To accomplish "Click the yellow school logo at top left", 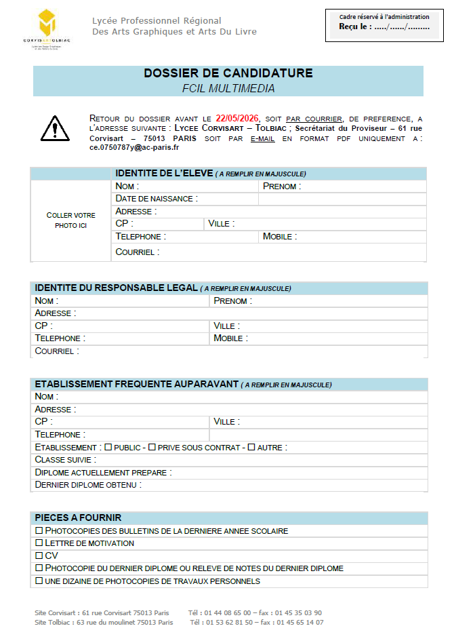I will tap(47, 24).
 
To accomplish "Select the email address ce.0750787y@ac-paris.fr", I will tap(134, 147).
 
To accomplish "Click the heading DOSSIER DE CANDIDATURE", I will tap(228, 73).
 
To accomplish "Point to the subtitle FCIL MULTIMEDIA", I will tap(228, 88).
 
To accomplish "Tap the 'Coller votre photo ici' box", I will tap(70, 220).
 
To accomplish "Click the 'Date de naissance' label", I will tap(157, 199).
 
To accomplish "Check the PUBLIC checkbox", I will tap(108, 447).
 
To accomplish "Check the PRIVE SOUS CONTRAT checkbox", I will tap(152, 447).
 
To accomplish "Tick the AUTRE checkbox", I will tap(251, 447).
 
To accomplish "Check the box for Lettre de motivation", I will tap(39, 543).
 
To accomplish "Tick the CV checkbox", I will tap(39, 556).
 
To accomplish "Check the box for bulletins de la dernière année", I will tap(39, 530).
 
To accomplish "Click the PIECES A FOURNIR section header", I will tap(78, 518).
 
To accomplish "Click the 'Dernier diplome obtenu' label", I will tap(87, 485).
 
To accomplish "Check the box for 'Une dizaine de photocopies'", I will tap(39, 581).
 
